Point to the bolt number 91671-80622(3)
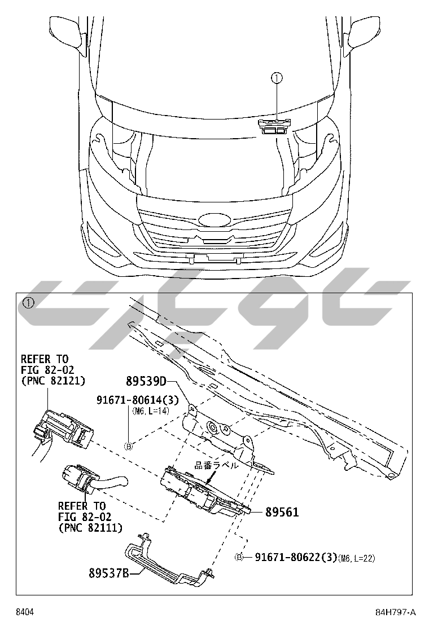click(296, 558)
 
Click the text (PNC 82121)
click(53, 381)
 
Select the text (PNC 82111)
click(90, 528)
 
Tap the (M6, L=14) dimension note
click(151, 412)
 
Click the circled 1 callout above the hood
click(277, 79)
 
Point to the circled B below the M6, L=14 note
click(128, 446)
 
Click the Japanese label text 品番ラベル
click(217, 466)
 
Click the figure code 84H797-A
click(395, 612)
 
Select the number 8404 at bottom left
click(24, 612)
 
